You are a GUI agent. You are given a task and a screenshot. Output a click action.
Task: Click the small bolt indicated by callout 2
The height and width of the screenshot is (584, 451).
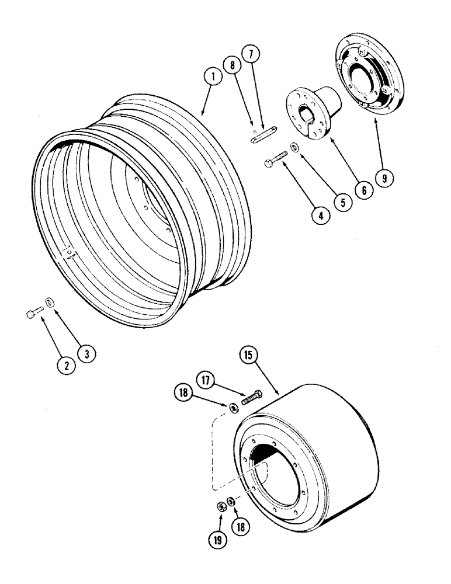pos(35,314)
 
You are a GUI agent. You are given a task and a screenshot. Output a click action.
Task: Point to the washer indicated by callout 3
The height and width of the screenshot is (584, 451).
pos(50,302)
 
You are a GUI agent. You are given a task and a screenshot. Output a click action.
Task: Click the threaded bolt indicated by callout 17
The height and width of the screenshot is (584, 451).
pos(250,398)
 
